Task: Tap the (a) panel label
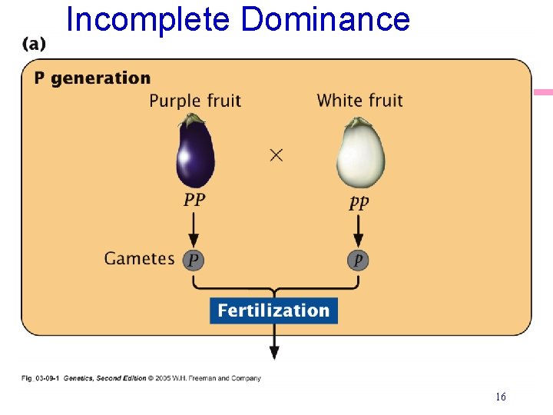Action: tap(34, 44)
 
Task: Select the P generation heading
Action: tap(92, 78)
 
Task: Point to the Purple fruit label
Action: tap(195, 101)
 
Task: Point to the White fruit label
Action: tap(359, 101)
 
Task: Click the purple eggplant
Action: tap(195, 154)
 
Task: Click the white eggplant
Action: tap(359, 156)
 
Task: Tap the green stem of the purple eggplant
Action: tap(195, 118)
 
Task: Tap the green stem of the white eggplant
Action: tap(359, 122)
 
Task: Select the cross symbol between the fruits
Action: tap(276, 155)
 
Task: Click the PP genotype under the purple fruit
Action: tap(194, 201)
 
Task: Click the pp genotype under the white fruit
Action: tap(359, 203)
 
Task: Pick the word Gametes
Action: tap(140, 258)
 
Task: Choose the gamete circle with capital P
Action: tap(194, 261)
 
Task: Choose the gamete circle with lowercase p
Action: tap(358, 261)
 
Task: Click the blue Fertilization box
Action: tap(273, 310)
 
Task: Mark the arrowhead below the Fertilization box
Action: tap(273, 353)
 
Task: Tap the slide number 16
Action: tap(500, 397)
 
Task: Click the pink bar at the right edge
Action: tap(544, 92)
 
